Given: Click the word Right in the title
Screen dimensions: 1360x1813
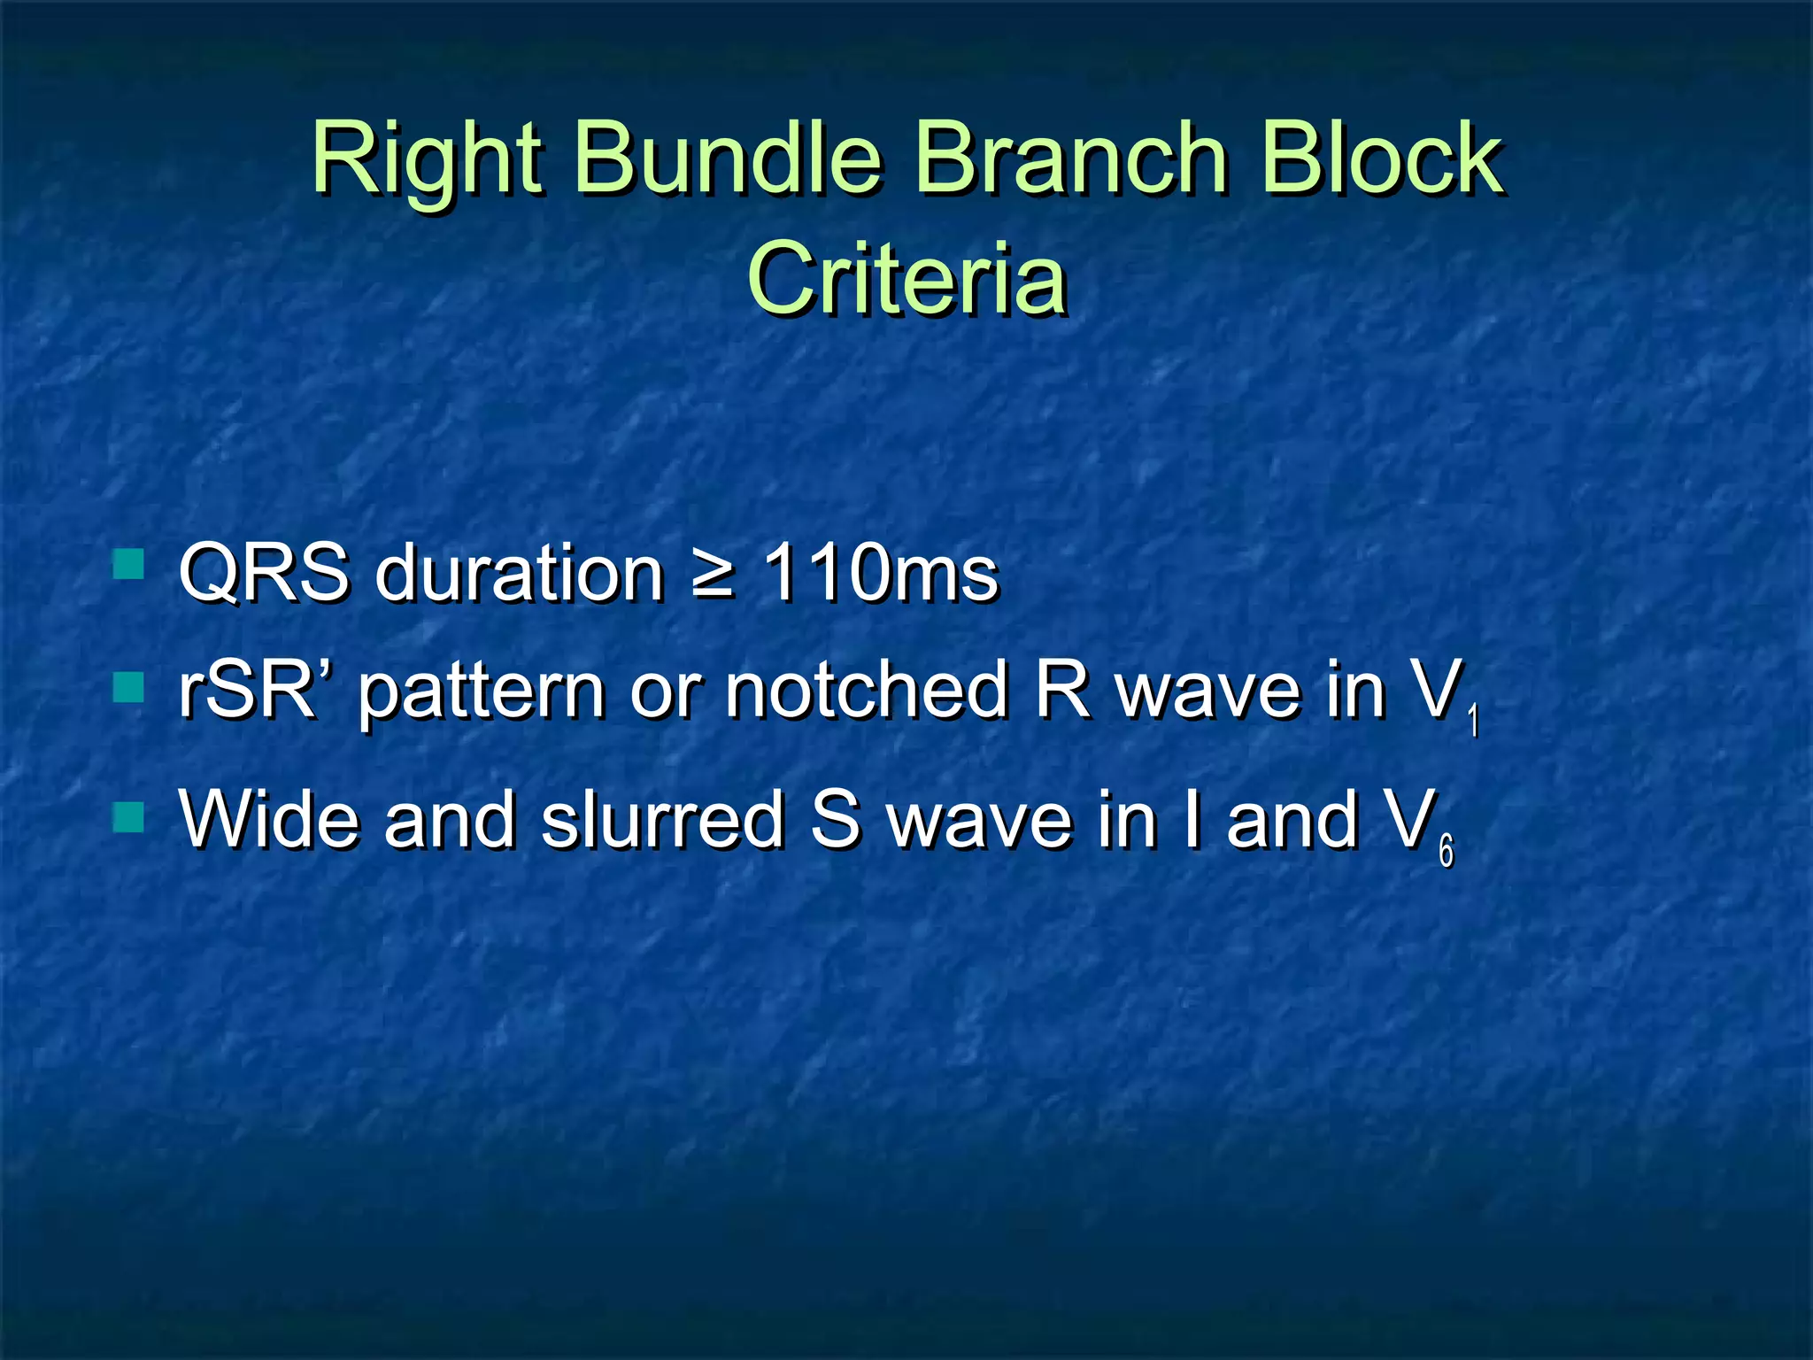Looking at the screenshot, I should (x=426, y=159).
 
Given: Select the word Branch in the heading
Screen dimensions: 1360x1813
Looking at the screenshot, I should (x=1070, y=159).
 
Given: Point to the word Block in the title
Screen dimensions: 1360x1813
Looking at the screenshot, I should (x=1381, y=159).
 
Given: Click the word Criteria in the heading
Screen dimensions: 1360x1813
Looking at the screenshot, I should (x=906, y=280).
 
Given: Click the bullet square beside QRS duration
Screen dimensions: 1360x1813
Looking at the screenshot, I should (x=129, y=564).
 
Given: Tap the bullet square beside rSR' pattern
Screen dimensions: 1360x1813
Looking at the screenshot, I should (x=129, y=687).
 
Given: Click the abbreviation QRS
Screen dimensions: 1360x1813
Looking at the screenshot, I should (x=263, y=574).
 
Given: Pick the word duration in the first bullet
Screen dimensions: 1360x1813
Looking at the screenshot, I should (x=519, y=574).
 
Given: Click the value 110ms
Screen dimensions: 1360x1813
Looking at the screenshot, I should (x=880, y=574).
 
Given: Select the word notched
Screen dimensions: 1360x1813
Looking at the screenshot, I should (x=867, y=691).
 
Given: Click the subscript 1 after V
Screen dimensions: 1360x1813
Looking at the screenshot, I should (x=1473, y=721).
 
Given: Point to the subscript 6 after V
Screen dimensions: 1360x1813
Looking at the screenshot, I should (x=1446, y=851).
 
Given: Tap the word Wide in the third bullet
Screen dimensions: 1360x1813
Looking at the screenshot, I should (x=270, y=820).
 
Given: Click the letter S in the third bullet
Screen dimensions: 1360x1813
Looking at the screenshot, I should (x=835, y=820).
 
